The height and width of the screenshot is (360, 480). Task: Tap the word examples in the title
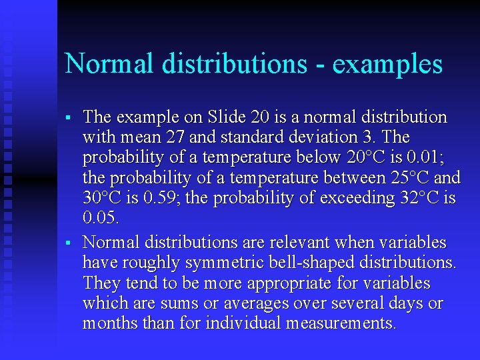[x=387, y=64]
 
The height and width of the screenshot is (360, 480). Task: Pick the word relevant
[x=299, y=243]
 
